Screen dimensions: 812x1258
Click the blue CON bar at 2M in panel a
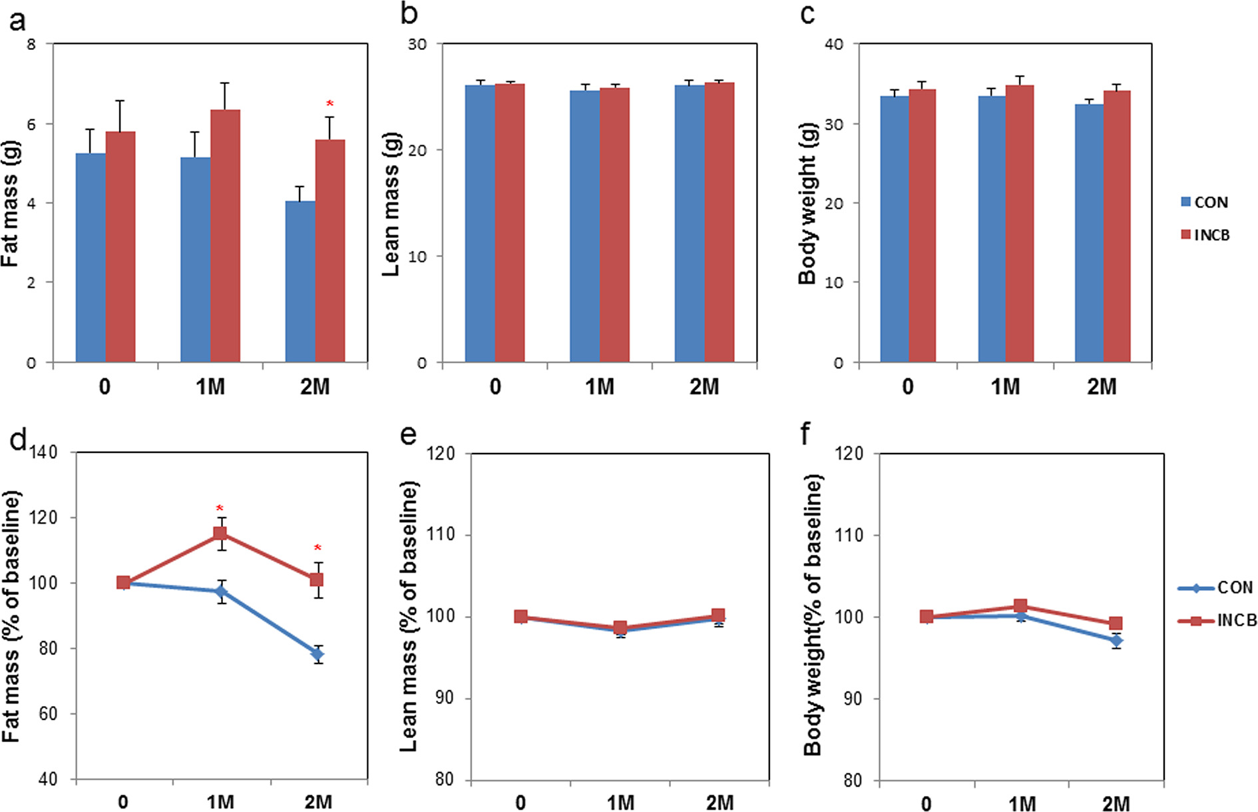pos(300,282)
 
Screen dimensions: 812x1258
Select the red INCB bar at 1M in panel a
pos(225,236)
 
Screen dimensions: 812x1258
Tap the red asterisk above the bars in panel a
pos(329,104)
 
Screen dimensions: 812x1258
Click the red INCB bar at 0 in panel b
pos(510,223)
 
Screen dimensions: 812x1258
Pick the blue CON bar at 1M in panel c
pos(992,229)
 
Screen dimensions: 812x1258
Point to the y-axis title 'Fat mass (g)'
pos(11,203)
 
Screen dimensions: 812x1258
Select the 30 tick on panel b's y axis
pos(417,45)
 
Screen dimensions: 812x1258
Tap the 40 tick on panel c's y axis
pos(833,45)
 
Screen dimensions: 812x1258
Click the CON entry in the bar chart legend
pos(1205,203)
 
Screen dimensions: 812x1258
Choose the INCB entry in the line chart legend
pos(1218,621)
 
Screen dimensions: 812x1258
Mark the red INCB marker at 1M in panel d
pos(220,534)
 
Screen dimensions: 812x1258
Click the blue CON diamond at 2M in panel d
pos(317,654)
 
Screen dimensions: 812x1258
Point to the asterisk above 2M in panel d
pos(317,548)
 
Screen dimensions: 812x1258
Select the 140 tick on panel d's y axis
pos(44,453)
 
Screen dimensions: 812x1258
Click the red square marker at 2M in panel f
pos(1116,623)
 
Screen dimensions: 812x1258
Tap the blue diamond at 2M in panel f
pos(1116,641)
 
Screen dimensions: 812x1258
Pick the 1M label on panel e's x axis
pos(620,803)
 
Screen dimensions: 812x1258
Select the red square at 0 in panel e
pos(521,617)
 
